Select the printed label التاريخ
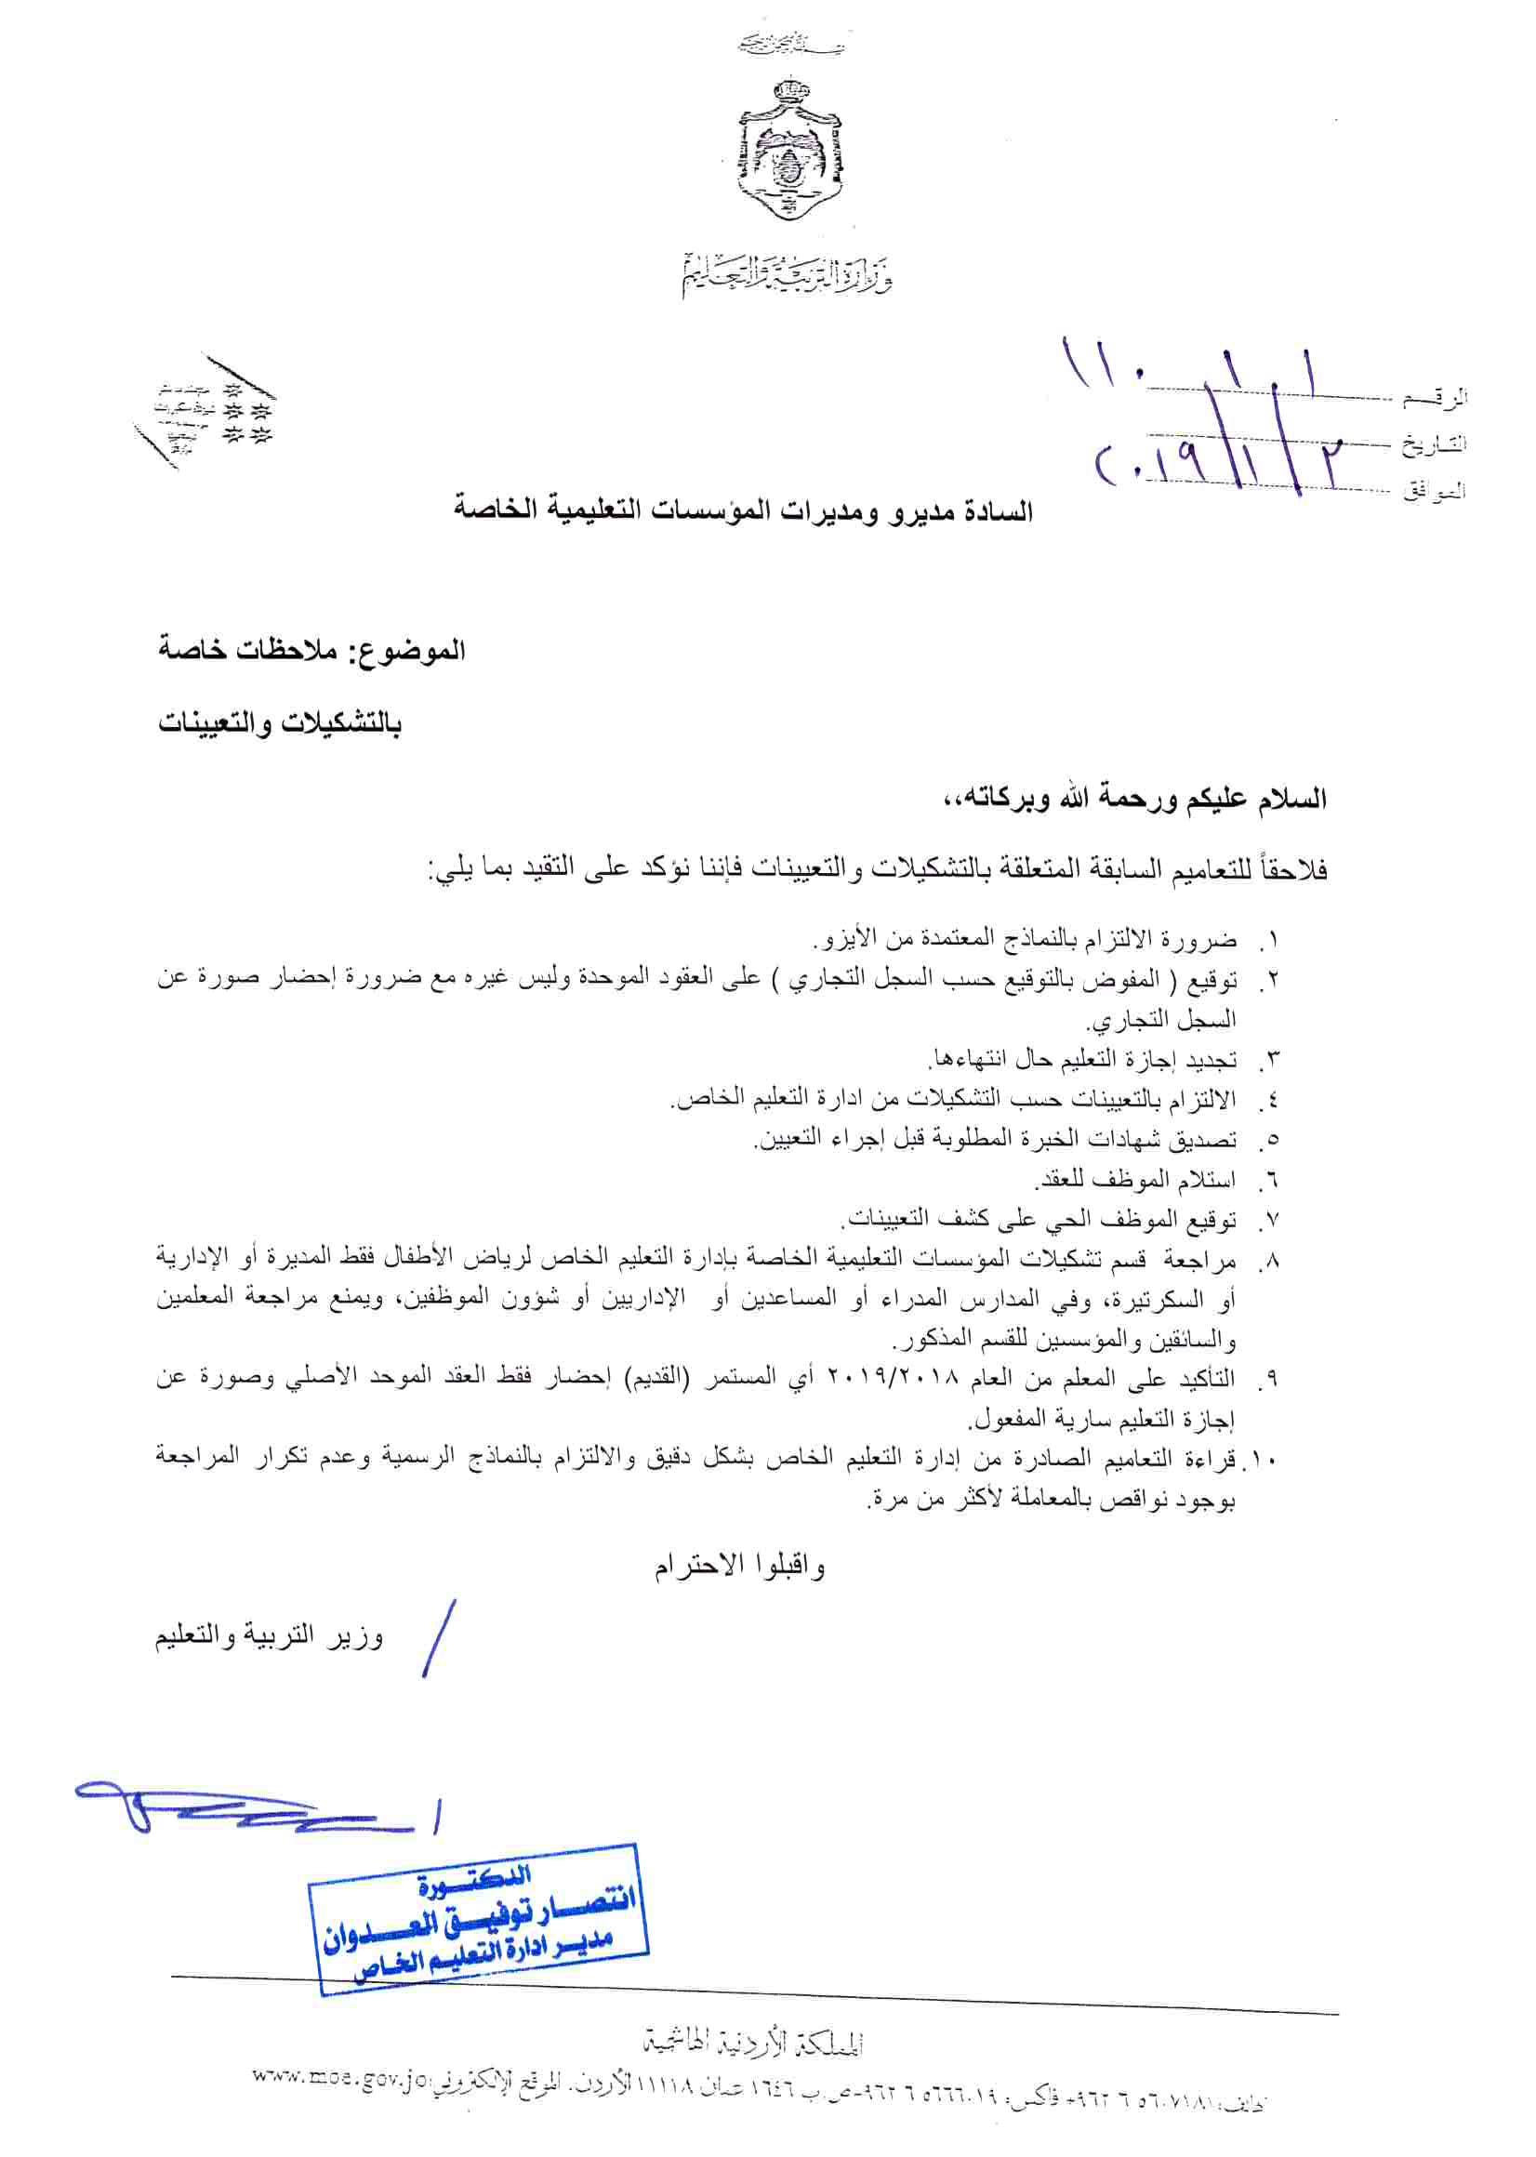[x=1434, y=443]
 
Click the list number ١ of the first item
[x=1272, y=940]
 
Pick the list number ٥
[x=1272, y=1140]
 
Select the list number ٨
[x=1272, y=1260]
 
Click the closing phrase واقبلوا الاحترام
[x=739, y=1566]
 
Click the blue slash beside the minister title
[x=439, y=1639]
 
